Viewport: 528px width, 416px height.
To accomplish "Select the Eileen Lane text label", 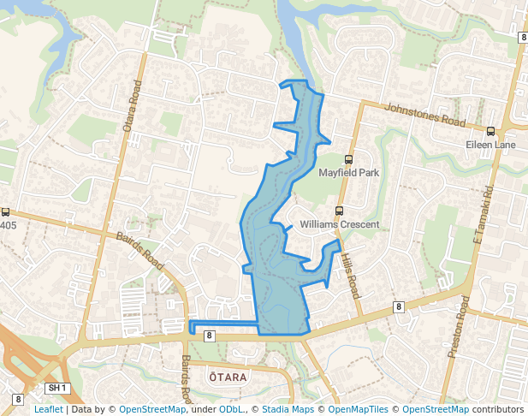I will coord(490,146).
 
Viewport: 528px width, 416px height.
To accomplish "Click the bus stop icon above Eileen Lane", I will coord(490,132).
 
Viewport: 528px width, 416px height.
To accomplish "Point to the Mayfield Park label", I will coord(348,173).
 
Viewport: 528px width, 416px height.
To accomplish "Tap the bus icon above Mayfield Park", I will coord(348,159).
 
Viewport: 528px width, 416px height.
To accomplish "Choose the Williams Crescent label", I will coord(340,224).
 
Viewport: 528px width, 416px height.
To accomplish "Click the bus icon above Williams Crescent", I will coord(339,211).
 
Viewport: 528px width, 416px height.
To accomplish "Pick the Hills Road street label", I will coord(350,274).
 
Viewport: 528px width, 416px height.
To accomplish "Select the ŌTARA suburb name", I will coord(228,377).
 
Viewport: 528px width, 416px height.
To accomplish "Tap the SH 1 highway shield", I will coord(57,389).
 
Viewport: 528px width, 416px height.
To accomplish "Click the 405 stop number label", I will coord(8,226).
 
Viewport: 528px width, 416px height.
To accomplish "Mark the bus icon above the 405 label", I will coord(5,212).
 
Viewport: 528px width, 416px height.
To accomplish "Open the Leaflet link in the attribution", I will coord(48,409).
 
